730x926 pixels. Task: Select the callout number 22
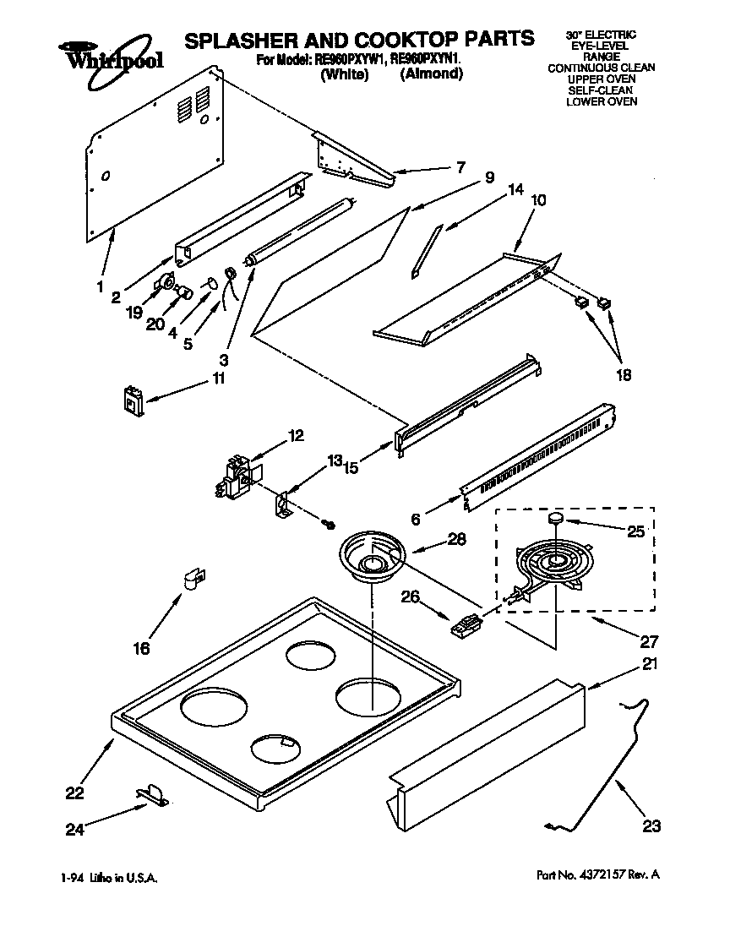76,793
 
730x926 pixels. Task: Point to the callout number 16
141,648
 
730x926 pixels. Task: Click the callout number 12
296,436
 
